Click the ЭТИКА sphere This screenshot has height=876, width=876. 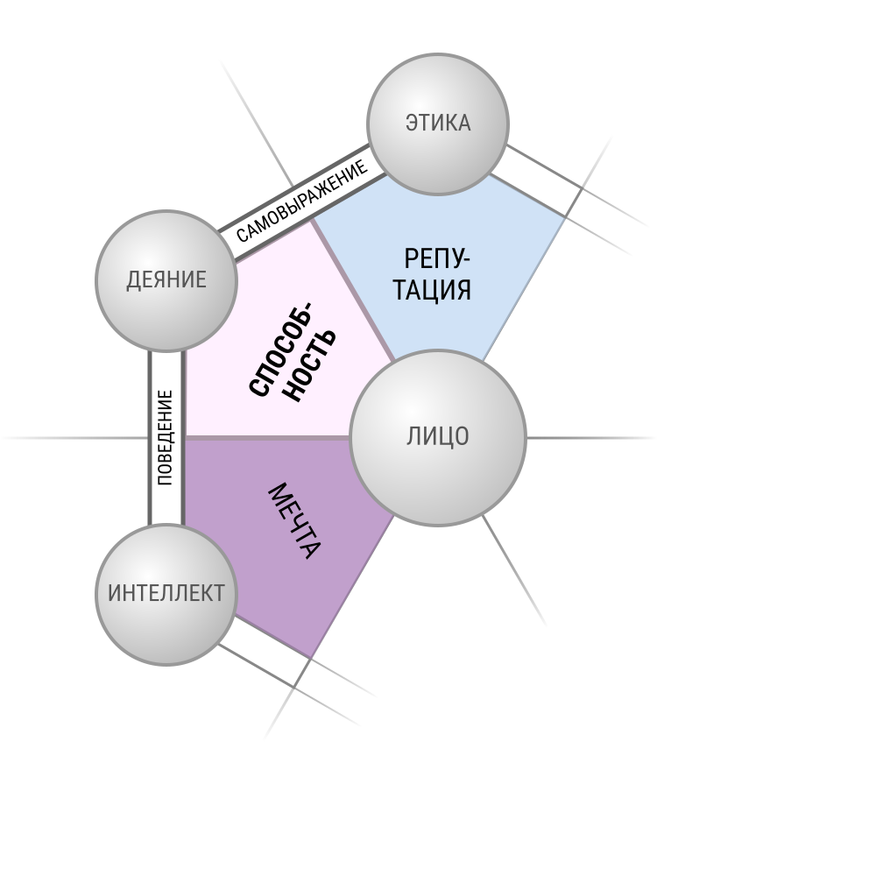click(x=437, y=124)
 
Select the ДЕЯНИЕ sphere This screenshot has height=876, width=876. click(x=166, y=280)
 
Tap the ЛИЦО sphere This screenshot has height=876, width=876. click(x=437, y=438)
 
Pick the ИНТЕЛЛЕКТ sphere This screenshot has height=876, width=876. click(x=166, y=595)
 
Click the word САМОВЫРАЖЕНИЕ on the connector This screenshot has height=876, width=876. click(x=301, y=201)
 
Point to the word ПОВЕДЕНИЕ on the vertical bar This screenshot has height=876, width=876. click(x=166, y=437)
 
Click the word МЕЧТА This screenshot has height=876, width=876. click(x=294, y=520)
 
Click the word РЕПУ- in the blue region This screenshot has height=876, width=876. click(x=437, y=259)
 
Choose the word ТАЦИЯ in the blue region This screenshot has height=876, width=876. click(x=432, y=290)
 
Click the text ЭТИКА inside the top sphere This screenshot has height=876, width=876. click(x=438, y=123)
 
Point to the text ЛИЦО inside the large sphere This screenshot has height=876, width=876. click(x=437, y=436)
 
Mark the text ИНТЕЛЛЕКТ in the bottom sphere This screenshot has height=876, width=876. click(x=166, y=593)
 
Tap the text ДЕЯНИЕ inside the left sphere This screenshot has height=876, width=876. click(x=166, y=280)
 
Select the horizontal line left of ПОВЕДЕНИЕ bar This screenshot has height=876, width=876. click(x=75, y=438)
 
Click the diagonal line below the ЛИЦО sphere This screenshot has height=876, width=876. click(x=514, y=570)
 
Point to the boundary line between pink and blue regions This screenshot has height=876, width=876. click(x=353, y=289)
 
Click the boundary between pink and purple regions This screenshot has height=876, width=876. click(x=267, y=438)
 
